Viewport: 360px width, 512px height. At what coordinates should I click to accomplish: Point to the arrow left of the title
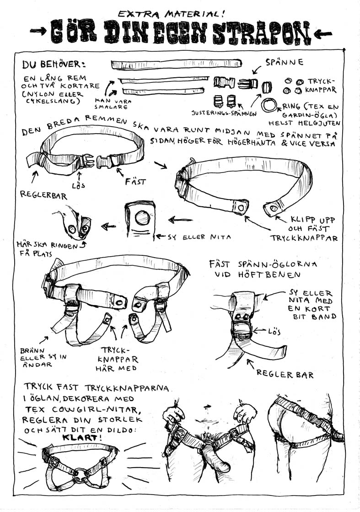[x=38, y=31]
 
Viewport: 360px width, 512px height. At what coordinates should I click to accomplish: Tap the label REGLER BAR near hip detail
[x=285, y=374]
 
